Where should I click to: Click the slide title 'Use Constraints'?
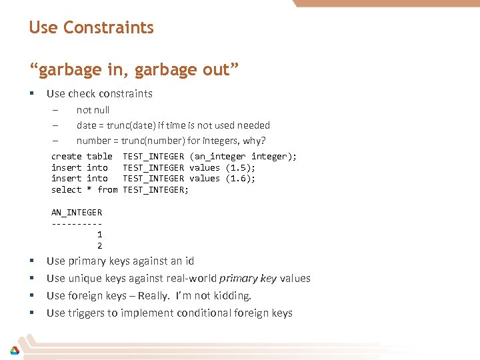tap(91, 28)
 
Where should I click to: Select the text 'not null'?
tap(93, 110)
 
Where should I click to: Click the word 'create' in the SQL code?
tap(66, 156)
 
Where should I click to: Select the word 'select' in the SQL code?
tap(66, 190)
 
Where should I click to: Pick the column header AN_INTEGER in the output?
tap(77, 213)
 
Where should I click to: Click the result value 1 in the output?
tap(99, 235)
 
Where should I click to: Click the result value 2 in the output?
tap(99, 245)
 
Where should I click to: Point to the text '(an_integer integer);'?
tap(243, 156)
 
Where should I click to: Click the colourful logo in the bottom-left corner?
tap(14, 350)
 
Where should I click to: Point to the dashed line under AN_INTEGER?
tap(77, 223)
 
